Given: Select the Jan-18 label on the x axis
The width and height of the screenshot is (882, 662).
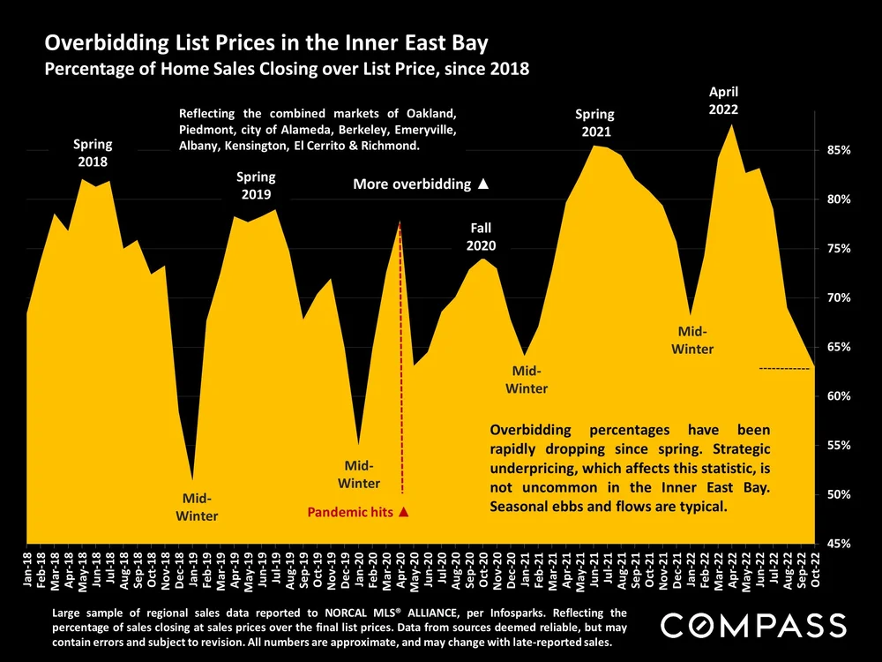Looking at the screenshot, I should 29,570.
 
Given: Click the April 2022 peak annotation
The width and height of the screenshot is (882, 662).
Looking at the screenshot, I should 723,101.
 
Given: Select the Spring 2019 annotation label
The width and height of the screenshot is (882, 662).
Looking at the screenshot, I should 256,185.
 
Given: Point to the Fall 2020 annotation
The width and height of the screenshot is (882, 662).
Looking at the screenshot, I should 482,237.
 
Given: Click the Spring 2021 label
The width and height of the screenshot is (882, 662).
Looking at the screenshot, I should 595,123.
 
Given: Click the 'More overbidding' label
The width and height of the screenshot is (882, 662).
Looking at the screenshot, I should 420,184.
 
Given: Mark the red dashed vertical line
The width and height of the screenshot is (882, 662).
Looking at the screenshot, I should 401,353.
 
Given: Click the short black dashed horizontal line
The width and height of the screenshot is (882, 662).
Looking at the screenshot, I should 784,368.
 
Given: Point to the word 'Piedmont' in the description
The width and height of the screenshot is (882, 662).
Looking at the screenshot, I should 208,130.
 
